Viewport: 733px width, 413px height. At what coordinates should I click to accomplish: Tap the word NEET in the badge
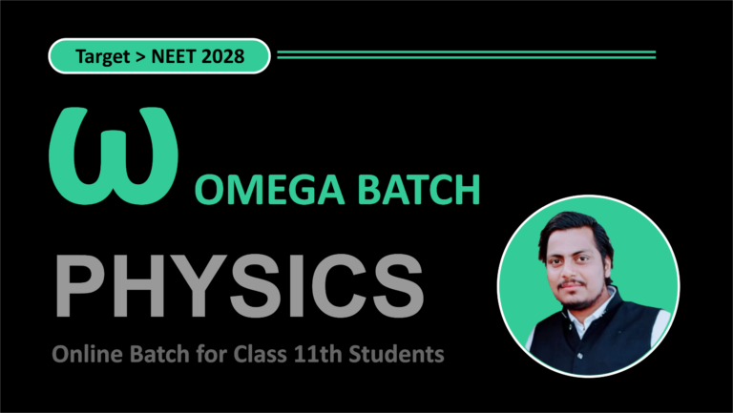click(183, 57)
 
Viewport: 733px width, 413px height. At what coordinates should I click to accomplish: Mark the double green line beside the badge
click(466, 54)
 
